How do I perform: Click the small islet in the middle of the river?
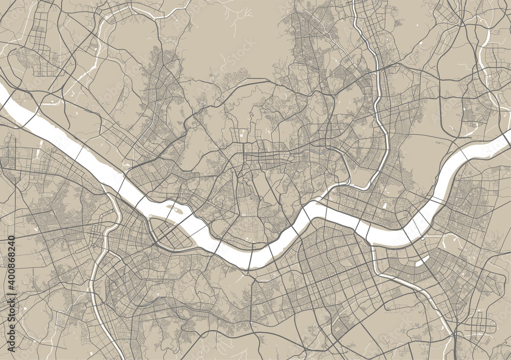tap(174, 209)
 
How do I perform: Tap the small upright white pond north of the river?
tap(384, 206)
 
